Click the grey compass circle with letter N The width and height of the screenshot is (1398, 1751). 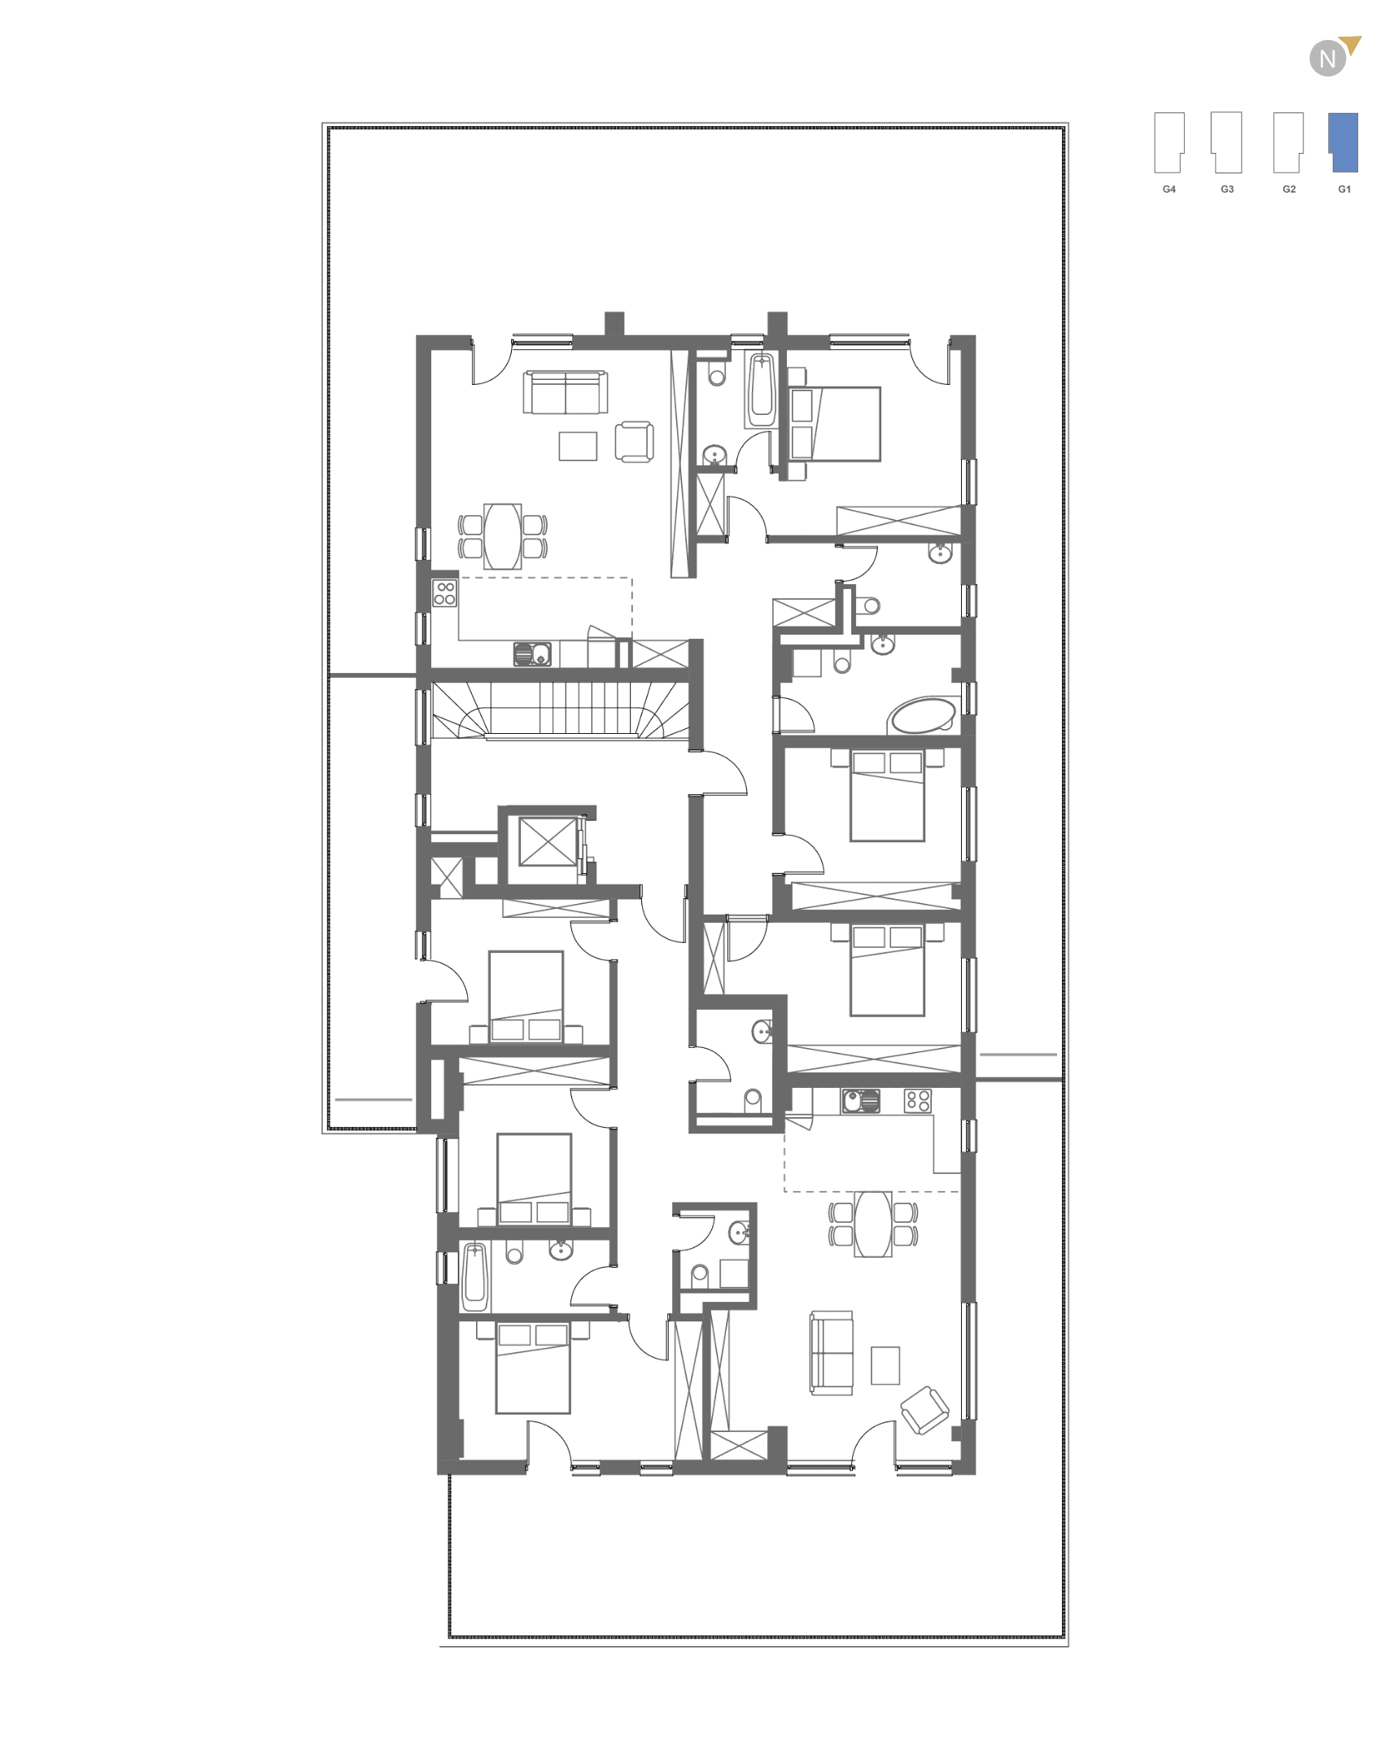(x=1327, y=59)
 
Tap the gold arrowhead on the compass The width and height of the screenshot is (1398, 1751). (x=1352, y=44)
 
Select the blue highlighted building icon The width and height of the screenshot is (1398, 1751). (x=1343, y=142)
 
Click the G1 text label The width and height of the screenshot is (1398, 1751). (x=1344, y=189)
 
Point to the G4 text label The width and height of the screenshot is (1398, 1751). (x=1169, y=189)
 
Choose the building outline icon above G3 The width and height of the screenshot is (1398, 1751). (x=1226, y=142)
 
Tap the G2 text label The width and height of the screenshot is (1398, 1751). (x=1289, y=189)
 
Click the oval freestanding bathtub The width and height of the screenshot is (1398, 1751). (x=922, y=715)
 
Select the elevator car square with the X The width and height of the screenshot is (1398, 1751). (x=548, y=841)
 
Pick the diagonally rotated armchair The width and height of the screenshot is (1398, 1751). (x=924, y=1410)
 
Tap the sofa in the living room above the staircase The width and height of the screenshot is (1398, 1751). (x=566, y=392)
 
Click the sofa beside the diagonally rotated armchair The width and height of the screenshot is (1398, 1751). (x=832, y=1352)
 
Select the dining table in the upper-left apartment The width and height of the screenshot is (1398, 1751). (x=502, y=536)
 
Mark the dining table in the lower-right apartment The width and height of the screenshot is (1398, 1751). (x=873, y=1223)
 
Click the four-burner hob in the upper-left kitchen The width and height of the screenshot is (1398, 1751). (x=445, y=593)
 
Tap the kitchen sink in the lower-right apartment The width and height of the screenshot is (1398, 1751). (x=860, y=1101)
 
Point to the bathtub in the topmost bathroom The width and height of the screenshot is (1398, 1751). (x=762, y=391)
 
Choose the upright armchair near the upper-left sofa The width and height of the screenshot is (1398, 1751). (x=634, y=442)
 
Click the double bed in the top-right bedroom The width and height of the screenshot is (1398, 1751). (x=836, y=424)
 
